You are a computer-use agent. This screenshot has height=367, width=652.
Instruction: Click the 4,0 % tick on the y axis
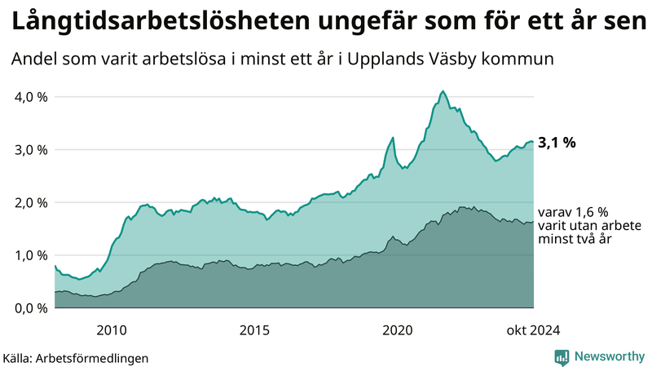point(30,97)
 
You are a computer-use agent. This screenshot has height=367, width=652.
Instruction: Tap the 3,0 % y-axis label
point(30,150)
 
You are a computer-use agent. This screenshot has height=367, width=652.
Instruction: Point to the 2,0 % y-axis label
point(30,202)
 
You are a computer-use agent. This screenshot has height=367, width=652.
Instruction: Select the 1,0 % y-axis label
point(30,255)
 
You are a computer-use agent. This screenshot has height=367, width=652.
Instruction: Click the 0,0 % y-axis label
point(30,308)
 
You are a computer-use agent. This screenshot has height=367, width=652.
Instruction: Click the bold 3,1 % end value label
point(557,143)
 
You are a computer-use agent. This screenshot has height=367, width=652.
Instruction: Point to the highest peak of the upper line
point(443,91)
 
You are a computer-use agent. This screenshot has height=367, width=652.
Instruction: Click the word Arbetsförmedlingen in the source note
point(97,357)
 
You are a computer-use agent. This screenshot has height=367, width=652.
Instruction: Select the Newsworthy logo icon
point(562,356)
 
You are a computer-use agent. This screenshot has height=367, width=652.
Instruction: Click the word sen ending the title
point(623,23)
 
